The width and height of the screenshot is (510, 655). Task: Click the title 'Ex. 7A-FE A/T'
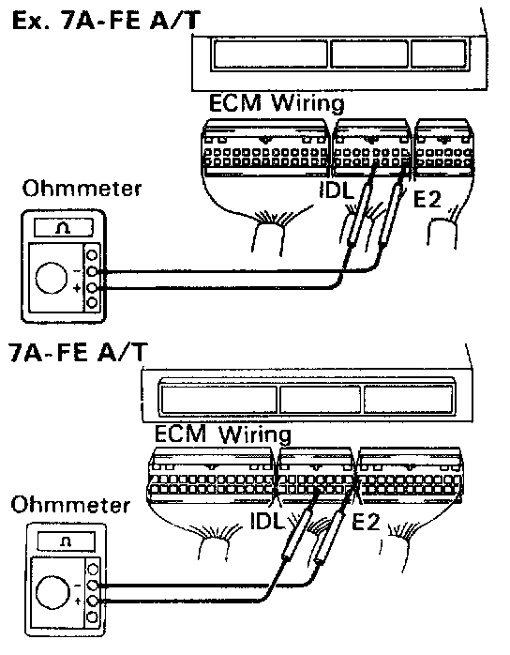coord(107,21)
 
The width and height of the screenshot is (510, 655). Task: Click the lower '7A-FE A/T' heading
coord(78,352)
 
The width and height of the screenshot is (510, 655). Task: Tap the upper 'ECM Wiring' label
coord(277,103)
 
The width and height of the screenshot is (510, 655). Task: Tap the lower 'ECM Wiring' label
coord(222,434)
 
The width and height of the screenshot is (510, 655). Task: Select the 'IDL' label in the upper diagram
coord(337,190)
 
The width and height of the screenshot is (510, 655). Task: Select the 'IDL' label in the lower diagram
coord(267,521)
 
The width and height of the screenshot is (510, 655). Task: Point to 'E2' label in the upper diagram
coord(427,198)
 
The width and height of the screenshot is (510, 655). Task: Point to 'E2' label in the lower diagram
coord(366,522)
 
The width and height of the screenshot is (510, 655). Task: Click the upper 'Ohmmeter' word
coord(82,189)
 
